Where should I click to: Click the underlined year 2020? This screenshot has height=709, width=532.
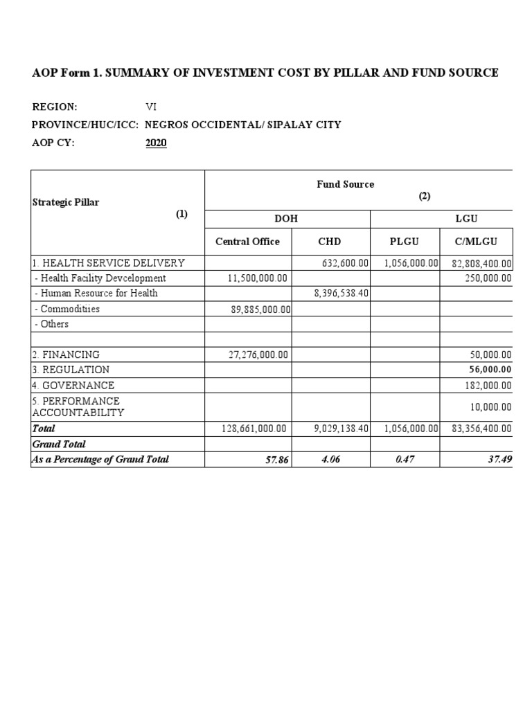(x=156, y=143)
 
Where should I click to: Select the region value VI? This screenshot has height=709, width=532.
(x=151, y=107)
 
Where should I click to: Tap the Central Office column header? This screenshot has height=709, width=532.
(x=247, y=242)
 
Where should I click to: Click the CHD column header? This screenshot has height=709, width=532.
(x=329, y=242)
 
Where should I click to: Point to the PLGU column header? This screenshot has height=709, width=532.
(x=405, y=242)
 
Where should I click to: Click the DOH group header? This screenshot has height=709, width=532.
(x=287, y=218)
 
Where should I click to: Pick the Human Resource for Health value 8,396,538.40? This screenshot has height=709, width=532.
(x=342, y=294)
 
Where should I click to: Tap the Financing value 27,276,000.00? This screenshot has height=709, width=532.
(x=258, y=354)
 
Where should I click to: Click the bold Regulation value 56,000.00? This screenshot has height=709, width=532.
(x=490, y=370)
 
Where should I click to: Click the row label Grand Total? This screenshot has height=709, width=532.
(x=59, y=444)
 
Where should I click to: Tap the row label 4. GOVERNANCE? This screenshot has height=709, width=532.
(x=73, y=385)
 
